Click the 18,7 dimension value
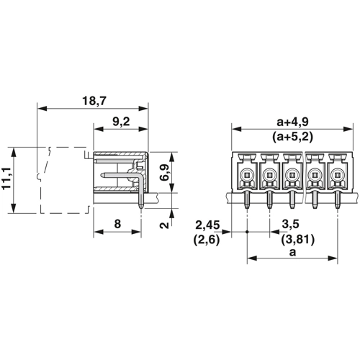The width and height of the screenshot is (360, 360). pyautogui.click(x=94, y=101)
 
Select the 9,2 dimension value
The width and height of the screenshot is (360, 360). pyautogui.click(x=121, y=122)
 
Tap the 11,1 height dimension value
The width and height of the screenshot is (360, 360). pyautogui.click(x=7, y=179)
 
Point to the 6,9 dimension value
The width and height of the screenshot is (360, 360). pyautogui.click(x=166, y=172)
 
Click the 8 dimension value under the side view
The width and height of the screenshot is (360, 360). pyautogui.click(x=117, y=224)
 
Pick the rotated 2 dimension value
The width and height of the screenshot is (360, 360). pyautogui.click(x=165, y=225)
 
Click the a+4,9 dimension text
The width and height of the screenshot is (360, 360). pyautogui.click(x=292, y=122)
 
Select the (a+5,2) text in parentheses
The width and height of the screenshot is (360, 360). pyautogui.click(x=292, y=138)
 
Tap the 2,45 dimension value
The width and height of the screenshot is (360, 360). pyautogui.click(x=207, y=225)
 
